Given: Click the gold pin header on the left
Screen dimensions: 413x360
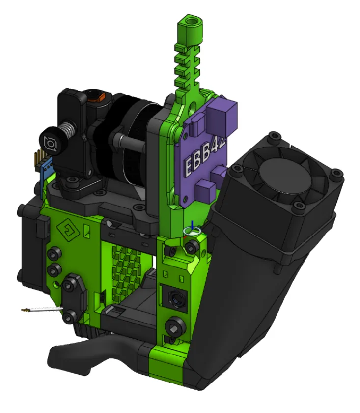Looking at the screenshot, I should click(x=37, y=158).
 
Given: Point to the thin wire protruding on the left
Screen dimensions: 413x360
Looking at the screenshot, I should click(x=42, y=310).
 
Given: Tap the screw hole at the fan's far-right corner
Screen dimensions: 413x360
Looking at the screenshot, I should click(x=336, y=173).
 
